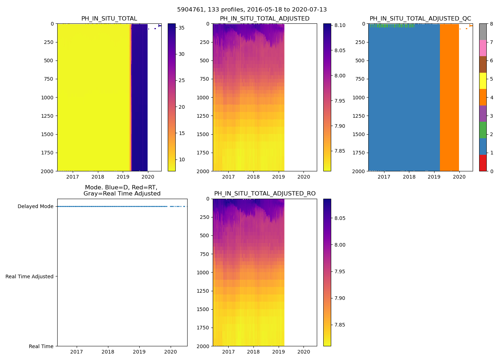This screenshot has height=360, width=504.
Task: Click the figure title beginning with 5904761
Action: coord(252,10)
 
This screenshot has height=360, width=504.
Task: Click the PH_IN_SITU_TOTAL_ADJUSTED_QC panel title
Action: coord(420,19)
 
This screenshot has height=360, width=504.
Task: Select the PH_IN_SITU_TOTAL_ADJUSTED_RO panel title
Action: coord(265,194)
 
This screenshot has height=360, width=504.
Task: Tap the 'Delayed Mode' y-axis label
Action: coord(35,206)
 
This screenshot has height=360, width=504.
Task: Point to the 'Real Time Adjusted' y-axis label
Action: coord(30,276)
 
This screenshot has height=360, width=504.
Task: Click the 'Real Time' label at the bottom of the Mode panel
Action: coord(41,346)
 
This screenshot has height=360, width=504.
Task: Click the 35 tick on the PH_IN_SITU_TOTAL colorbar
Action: coord(182,28)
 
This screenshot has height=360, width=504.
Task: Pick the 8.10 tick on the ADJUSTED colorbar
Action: coord(340,25)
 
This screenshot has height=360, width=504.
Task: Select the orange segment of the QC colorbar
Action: coord(483,97)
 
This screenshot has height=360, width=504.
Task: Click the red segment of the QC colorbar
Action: coord(483,163)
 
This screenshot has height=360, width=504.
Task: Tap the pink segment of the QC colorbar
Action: coord(483,48)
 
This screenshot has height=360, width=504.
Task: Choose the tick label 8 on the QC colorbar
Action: coord(491,24)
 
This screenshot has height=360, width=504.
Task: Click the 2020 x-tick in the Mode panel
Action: coord(171,352)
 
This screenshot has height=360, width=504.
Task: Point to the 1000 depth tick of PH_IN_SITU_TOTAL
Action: coord(47,98)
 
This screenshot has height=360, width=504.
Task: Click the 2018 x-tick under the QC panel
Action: coord(409,177)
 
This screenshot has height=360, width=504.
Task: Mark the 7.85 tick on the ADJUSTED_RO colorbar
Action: coord(340,325)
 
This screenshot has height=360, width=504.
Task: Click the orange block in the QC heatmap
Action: coord(449,97)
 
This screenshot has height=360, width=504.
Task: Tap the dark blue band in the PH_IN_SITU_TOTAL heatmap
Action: coord(139,97)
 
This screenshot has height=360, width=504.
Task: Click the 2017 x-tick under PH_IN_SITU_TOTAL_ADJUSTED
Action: coord(228,177)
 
